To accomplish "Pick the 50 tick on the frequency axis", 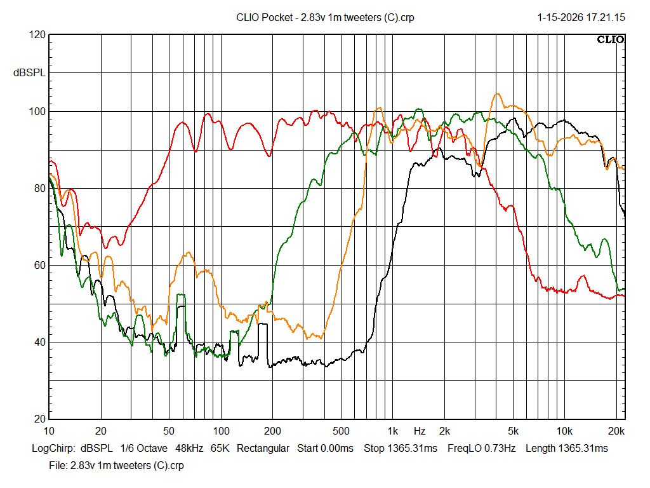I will pos(168,431).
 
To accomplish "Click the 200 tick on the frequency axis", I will pos(272,431).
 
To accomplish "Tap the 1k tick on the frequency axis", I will pos(393,431).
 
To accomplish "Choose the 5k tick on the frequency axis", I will pos(513,431).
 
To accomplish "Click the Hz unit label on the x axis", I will pos(420,431).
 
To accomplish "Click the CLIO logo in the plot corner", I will pos(611,40).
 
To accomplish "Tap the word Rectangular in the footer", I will pos(263,449).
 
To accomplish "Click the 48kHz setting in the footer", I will pos(189,449).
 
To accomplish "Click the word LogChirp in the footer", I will pos(54,449).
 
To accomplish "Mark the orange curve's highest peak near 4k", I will pos(498,94).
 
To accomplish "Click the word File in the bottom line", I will pos(57,465).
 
